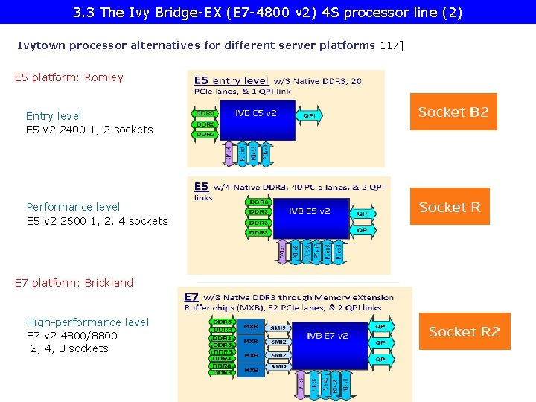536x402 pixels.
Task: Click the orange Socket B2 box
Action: tap(453, 112)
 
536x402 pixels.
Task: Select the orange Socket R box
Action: tap(450, 207)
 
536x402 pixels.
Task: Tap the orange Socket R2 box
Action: tap(465, 331)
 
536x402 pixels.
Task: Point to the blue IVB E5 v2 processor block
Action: tap(309, 211)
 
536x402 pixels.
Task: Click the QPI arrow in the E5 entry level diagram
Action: tap(309, 115)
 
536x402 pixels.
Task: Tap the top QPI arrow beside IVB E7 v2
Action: tap(381, 326)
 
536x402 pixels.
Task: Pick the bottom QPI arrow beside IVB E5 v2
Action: tap(363, 230)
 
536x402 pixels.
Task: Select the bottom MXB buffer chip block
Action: tap(251, 369)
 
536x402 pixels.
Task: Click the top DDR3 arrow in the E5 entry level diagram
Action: tap(205, 112)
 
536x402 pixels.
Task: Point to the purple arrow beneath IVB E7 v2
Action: tap(301, 383)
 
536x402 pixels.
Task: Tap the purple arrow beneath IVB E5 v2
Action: tap(283, 252)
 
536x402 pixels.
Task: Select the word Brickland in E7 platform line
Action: tap(109, 283)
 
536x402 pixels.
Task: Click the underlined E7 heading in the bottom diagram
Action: tap(192, 296)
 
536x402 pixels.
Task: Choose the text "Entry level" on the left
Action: tap(54, 116)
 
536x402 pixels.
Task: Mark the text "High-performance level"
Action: tap(88, 322)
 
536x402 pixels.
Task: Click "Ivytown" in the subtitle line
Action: tap(40, 45)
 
